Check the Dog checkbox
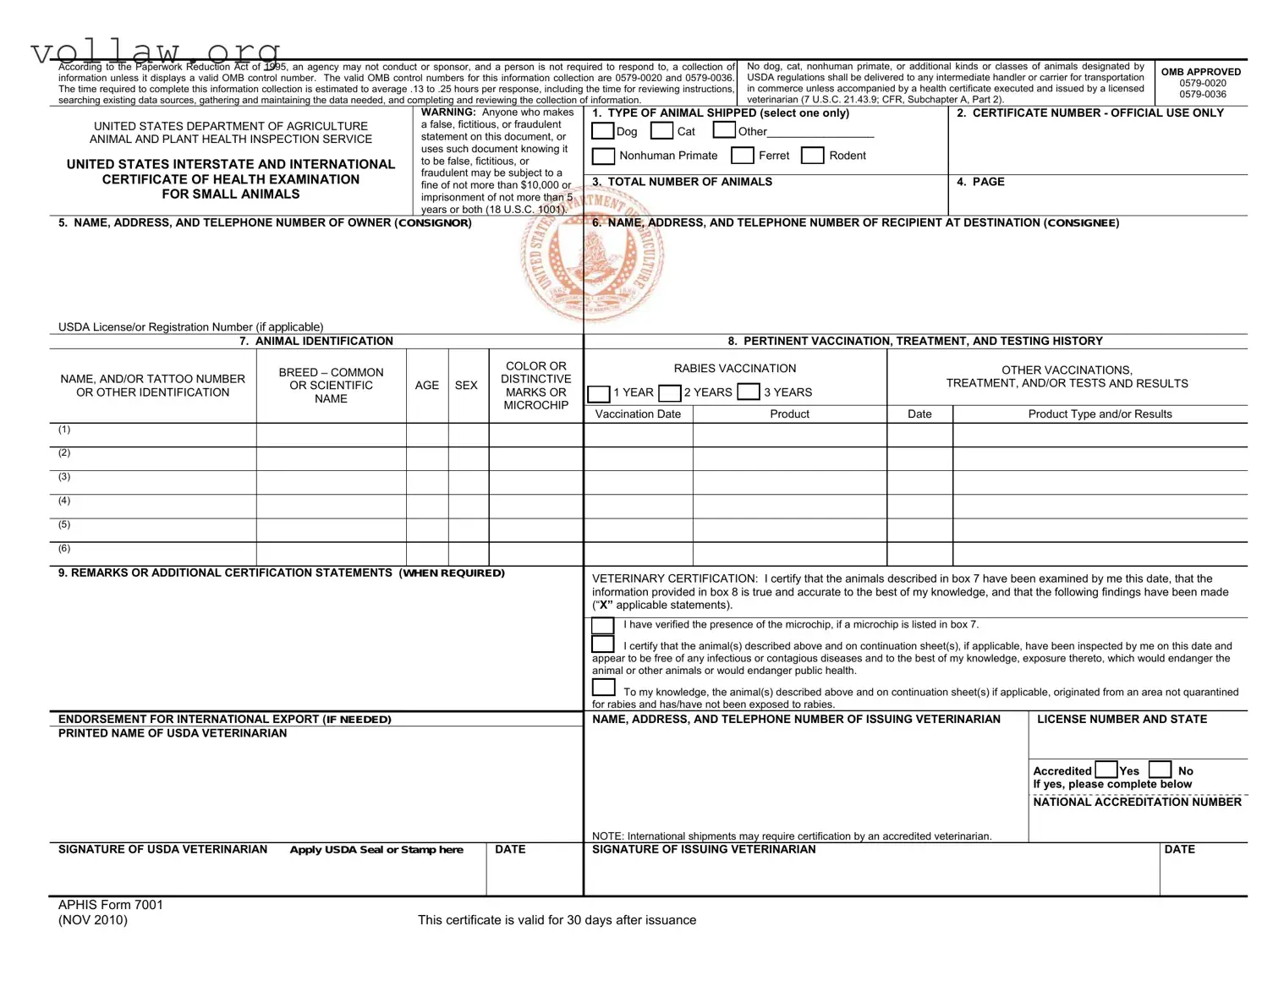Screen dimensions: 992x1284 click(602, 131)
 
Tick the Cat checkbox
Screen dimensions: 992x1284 click(662, 131)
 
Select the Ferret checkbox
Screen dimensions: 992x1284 click(742, 156)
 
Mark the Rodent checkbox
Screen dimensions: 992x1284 click(812, 156)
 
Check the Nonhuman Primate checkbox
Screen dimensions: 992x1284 click(603, 156)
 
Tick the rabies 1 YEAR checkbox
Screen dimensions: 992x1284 click(598, 393)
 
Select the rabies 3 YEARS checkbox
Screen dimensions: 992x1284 click(748, 392)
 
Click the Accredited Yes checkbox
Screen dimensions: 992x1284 click(1106, 770)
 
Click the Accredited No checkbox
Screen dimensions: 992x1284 click(1160, 770)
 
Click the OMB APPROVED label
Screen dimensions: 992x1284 click(1201, 72)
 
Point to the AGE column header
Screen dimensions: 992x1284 click(426, 386)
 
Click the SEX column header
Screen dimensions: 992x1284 click(466, 386)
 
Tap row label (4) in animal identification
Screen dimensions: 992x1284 click(64, 501)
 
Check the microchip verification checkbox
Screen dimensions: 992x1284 click(603, 626)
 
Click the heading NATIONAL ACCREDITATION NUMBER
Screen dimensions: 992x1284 click(1137, 802)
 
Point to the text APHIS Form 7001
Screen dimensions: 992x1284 click(111, 905)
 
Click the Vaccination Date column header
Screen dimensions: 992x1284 click(638, 414)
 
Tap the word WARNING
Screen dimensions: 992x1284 click(448, 112)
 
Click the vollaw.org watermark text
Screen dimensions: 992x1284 click(156, 52)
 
